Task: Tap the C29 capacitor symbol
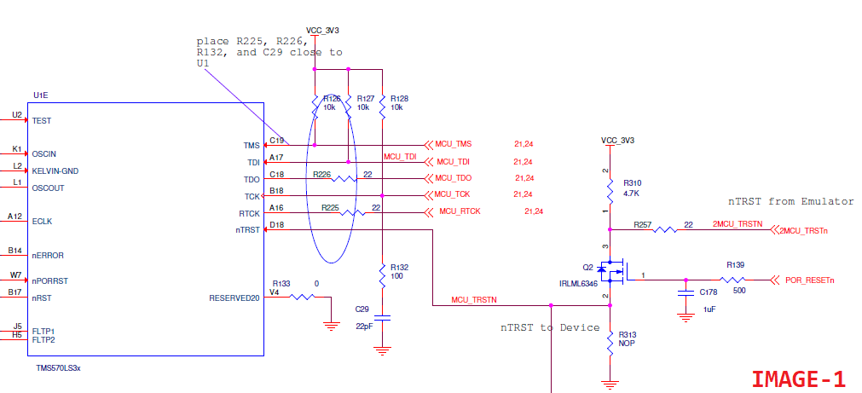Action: pos(382,318)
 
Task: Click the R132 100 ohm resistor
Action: pos(382,275)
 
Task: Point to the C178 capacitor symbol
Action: pos(685,293)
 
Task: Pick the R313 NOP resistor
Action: pos(610,343)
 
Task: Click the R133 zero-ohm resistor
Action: pos(302,297)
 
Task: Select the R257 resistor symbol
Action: pos(664,229)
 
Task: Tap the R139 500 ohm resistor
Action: pos(735,280)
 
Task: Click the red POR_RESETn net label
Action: pos(810,280)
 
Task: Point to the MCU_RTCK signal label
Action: pos(460,211)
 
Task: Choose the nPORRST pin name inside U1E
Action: pos(50,280)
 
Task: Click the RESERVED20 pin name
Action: pos(234,298)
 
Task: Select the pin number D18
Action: pos(276,224)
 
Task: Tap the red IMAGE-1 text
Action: pos(799,379)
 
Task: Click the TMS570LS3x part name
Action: pos(58,368)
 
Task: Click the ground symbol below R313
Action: pos(610,384)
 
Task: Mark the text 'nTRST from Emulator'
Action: pos(791,201)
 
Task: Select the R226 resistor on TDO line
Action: pos(344,179)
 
